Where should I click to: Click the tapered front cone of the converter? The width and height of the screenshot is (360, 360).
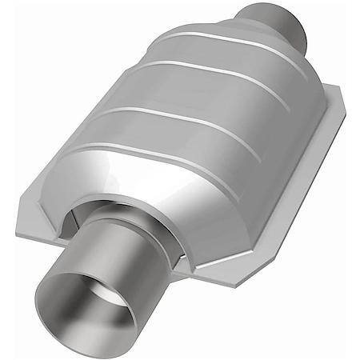[160, 188]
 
